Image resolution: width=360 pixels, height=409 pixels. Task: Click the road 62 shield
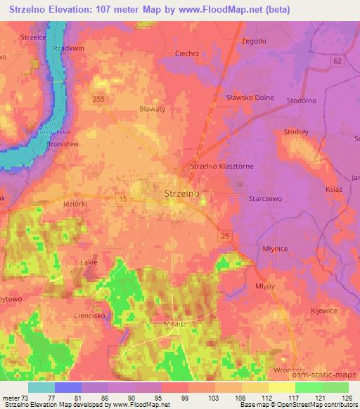[338, 61]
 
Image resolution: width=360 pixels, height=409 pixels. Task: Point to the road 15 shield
[123, 201]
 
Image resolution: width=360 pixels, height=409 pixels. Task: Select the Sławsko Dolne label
[250, 98]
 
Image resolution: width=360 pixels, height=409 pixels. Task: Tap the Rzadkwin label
[68, 48]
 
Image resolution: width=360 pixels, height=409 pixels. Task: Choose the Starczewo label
[265, 200]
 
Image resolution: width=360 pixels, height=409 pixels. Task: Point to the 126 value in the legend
[346, 397]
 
